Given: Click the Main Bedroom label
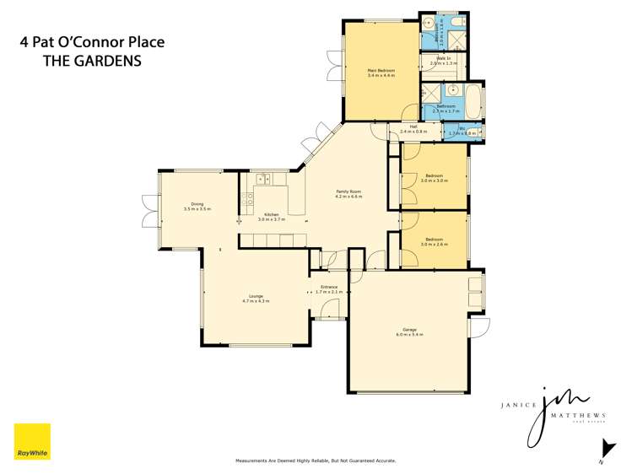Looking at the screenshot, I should click(381, 73).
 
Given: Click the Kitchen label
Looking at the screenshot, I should click(272, 217).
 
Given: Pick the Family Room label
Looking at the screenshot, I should click(348, 194).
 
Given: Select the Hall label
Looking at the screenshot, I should click(413, 129).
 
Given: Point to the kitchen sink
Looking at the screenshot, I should click(262, 178).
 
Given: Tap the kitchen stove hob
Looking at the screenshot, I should click(248, 199).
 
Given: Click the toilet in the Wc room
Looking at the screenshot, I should click(475, 132).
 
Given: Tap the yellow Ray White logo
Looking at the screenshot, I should click(32, 441).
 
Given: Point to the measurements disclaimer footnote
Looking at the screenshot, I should click(315, 461).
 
